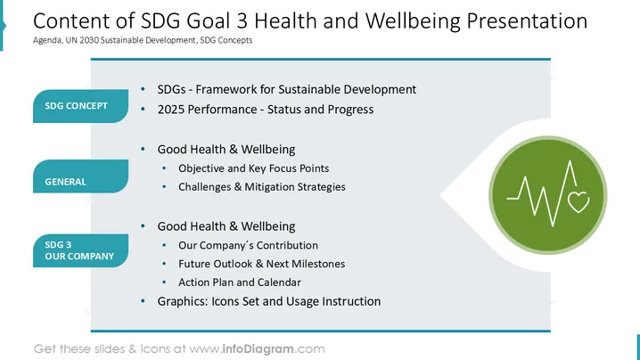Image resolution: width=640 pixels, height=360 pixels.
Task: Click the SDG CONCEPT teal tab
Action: pyautogui.click(x=80, y=106)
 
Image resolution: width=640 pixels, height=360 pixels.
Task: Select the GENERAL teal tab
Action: pyautogui.click(x=80, y=176)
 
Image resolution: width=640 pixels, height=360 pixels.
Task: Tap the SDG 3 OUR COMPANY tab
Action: pyautogui.click(x=80, y=250)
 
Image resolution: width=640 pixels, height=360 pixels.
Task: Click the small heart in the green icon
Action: pyautogui.click(x=578, y=201)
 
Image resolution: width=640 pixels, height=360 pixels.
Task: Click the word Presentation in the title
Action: pyautogui.click(x=527, y=20)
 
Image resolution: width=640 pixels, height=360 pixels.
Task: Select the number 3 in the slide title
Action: pyautogui.click(x=242, y=20)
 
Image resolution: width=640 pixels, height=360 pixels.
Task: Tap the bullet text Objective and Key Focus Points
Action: pyautogui.click(x=253, y=168)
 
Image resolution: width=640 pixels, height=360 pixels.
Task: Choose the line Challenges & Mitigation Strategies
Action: pyautogui.click(x=262, y=187)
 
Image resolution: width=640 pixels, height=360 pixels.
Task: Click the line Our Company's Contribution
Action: pyautogui.click(x=248, y=245)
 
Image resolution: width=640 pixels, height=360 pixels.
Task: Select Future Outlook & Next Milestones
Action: pyautogui.click(x=262, y=264)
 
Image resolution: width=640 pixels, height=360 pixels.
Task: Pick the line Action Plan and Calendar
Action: pyautogui.click(x=240, y=282)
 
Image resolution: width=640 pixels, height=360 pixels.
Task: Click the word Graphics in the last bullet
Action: pyautogui.click(x=183, y=301)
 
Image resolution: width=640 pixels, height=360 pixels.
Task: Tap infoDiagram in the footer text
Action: pyautogui.click(x=258, y=349)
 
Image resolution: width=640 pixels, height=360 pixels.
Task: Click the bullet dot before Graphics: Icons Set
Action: pyautogui.click(x=143, y=301)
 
